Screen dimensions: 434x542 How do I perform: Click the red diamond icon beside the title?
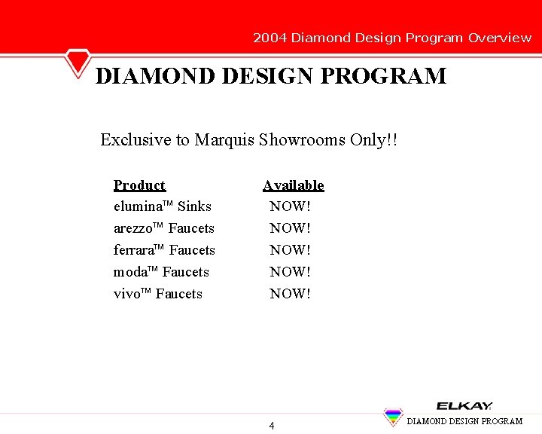[77, 62]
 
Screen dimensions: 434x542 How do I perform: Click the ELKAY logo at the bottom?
[464, 405]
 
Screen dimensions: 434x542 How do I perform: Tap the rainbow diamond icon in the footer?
[393, 417]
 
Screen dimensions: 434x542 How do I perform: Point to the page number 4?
[272, 426]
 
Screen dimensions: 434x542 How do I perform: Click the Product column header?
[139, 185]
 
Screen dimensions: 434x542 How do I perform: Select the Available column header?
[293, 185]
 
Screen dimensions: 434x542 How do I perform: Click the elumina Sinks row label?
[162, 206]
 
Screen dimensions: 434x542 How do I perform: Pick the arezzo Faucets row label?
[163, 228]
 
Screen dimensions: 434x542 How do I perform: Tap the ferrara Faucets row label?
[164, 250]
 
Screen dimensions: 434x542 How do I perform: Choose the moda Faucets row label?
[161, 272]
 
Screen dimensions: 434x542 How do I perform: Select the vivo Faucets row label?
[157, 294]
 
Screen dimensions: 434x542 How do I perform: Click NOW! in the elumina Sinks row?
[290, 206]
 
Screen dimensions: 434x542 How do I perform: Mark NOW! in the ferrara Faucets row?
[290, 250]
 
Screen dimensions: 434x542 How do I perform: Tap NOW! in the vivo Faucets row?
[290, 294]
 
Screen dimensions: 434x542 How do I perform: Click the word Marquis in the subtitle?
[224, 140]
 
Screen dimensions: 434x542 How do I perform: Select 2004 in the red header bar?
[269, 38]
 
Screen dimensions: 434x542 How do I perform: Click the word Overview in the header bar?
[499, 38]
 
